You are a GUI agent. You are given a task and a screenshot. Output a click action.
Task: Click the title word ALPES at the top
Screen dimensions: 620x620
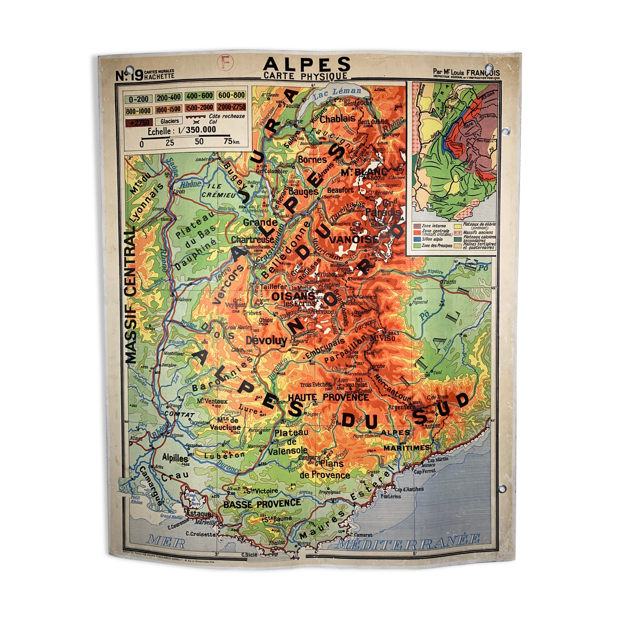306,64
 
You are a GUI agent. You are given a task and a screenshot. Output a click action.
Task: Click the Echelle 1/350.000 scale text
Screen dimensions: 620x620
182,131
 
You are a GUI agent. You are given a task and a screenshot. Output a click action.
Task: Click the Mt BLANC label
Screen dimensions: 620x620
358,171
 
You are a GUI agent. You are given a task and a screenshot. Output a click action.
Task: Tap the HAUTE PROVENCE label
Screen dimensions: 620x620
328,397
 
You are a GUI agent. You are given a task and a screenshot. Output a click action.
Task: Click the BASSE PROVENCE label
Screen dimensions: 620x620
262,503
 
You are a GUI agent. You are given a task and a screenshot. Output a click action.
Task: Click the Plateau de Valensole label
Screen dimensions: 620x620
291,441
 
